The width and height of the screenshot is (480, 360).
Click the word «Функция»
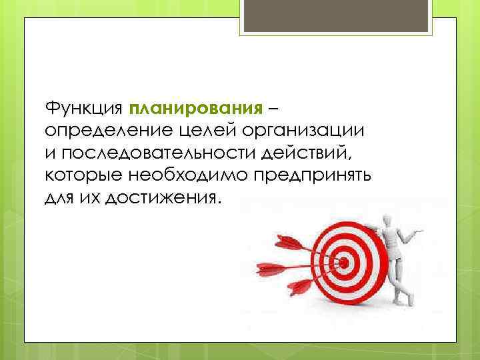pos(83,108)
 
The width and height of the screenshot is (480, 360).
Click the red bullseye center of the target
pos(344,262)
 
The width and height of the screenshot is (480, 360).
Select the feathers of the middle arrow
pos(268,270)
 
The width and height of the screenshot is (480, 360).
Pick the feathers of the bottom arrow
pos(298,287)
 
